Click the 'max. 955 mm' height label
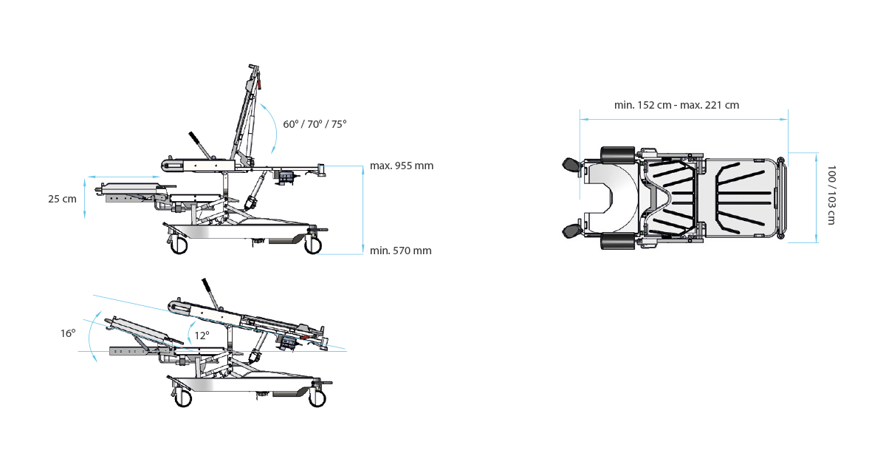point(402,166)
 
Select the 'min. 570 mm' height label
point(401,251)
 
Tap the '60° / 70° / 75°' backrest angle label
point(315,124)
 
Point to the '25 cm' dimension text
point(63,199)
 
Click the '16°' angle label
point(68,333)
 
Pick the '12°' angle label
point(202,336)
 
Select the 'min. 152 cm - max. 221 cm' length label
point(676,105)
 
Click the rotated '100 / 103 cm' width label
point(831,194)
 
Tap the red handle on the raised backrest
point(260,84)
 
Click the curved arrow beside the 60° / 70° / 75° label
point(270,127)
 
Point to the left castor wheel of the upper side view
point(179,245)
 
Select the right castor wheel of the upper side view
point(313,245)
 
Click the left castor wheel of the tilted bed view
point(183,398)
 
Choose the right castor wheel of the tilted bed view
point(317,398)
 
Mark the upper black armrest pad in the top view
point(617,154)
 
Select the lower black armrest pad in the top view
point(617,241)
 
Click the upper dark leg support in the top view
point(571,165)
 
